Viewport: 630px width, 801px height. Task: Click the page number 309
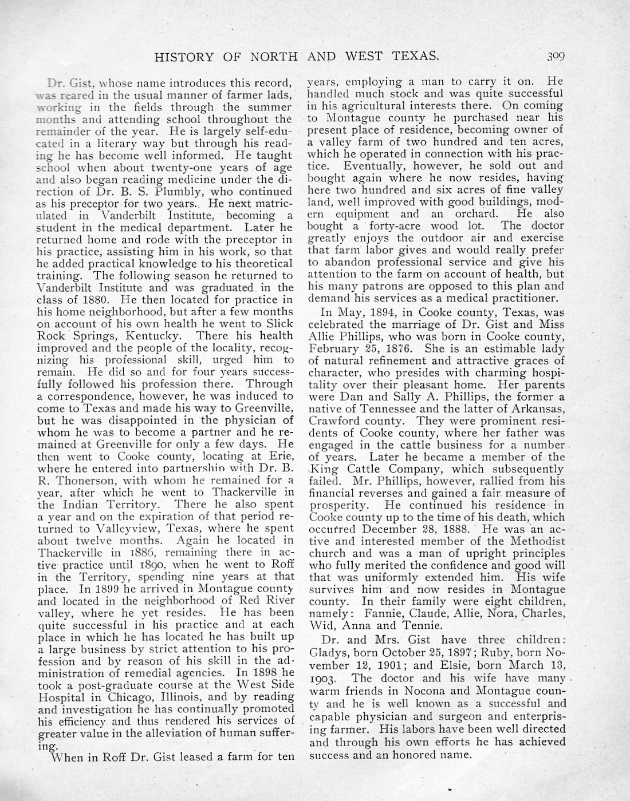tap(555, 56)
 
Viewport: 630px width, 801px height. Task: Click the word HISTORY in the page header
tap(182, 56)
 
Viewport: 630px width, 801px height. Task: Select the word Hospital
tap(61, 696)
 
